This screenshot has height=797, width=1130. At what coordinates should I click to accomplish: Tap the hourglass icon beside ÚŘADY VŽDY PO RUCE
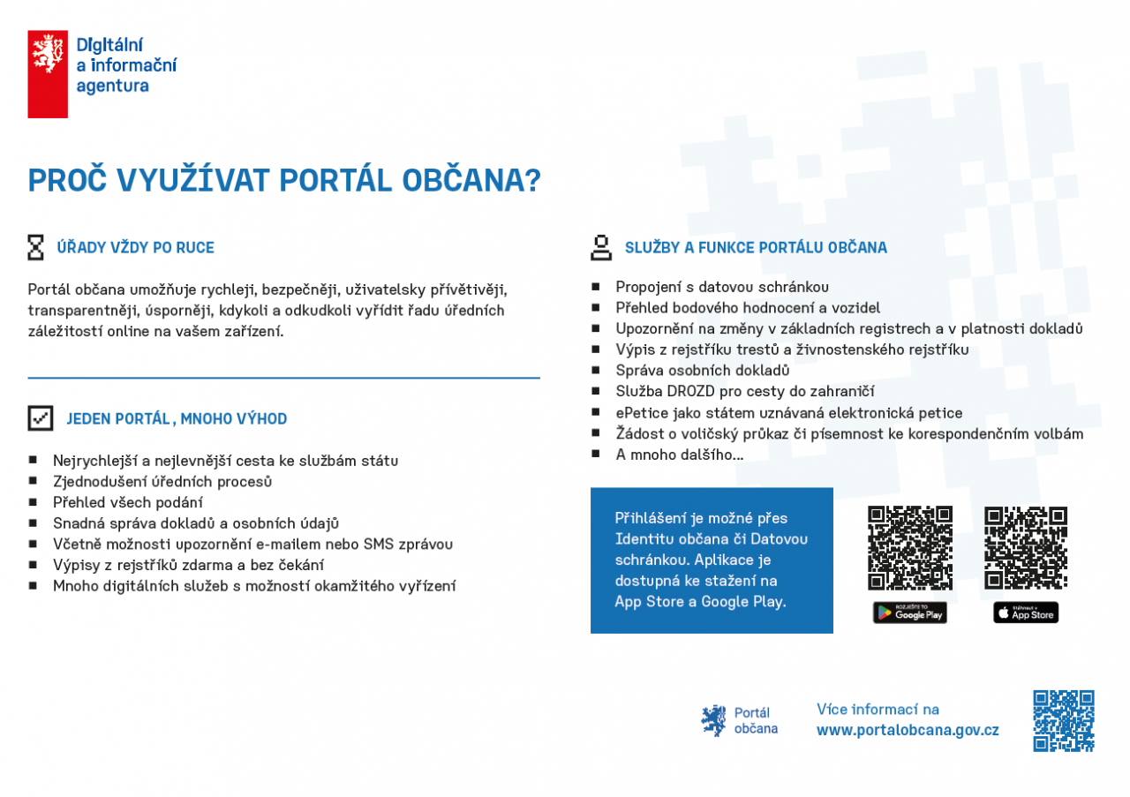coord(35,247)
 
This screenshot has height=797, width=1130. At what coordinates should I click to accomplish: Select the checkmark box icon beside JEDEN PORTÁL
coord(41,418)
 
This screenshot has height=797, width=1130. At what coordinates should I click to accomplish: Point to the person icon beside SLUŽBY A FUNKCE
coord(601,247)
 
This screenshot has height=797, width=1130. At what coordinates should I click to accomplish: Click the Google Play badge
coord(909,613)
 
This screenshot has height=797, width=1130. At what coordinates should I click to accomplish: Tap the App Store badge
coord(1026,613)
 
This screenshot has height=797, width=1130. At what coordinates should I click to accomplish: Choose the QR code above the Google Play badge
coord(909,547)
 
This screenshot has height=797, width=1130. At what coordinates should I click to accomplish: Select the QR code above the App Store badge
coord(1026,547)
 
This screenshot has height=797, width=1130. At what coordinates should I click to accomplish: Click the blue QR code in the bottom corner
coord(1064,720)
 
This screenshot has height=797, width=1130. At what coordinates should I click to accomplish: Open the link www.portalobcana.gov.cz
coord(908,731)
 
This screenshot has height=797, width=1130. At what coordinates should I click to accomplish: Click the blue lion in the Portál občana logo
coord(713,720)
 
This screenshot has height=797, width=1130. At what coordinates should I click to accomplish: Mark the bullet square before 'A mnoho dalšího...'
coord(596,455)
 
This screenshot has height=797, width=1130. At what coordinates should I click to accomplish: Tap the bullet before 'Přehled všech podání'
coord(33,501)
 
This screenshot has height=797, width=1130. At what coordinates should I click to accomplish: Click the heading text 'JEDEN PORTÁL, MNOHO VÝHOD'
coord(177,419)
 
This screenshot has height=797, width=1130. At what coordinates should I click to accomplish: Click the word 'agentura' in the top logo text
coord(112,86)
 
